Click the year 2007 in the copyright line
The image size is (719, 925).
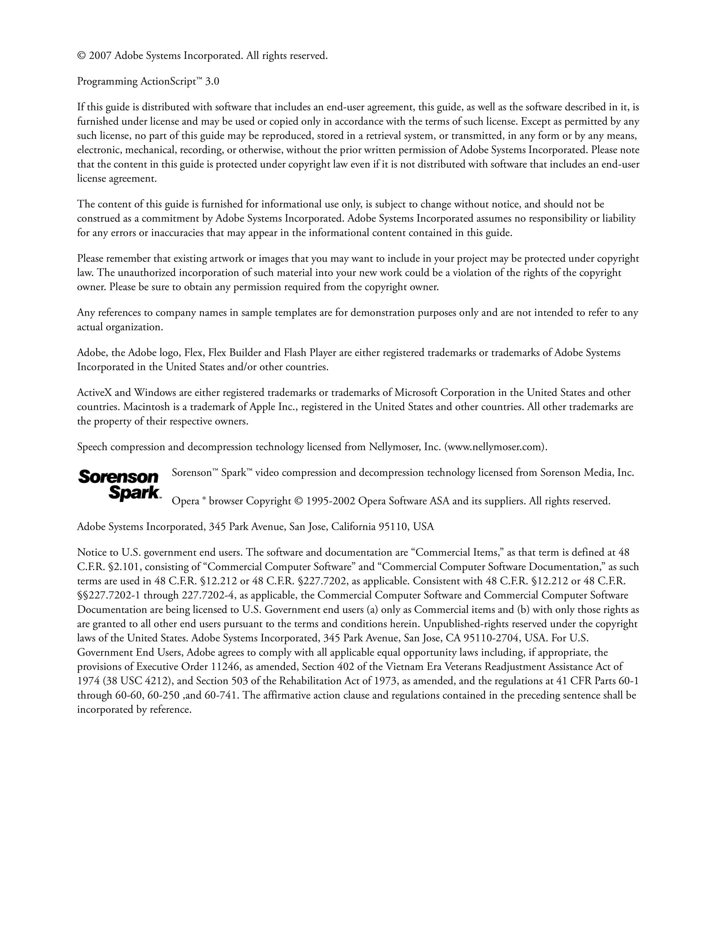99,56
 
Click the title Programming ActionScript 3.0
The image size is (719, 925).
148,81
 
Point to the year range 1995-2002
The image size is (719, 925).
330,501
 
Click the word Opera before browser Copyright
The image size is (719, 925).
185,501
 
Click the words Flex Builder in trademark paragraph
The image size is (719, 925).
236,353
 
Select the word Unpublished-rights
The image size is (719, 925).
466,624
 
